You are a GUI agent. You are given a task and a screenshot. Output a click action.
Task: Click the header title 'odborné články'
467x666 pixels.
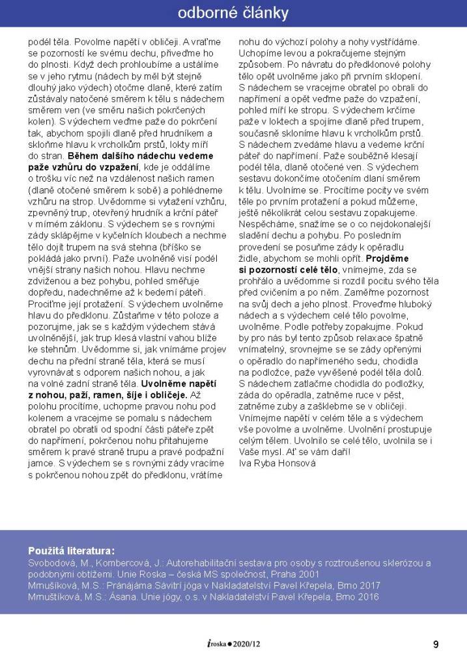click(233, 13)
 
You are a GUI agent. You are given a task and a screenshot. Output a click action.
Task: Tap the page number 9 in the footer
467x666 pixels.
click(436, 645)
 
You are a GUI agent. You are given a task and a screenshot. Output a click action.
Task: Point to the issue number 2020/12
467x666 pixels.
click(248, 645)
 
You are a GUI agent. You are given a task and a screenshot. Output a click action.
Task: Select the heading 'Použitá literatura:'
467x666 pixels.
click(72, 549)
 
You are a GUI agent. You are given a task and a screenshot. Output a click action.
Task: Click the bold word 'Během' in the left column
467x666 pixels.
click(85, 156)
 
